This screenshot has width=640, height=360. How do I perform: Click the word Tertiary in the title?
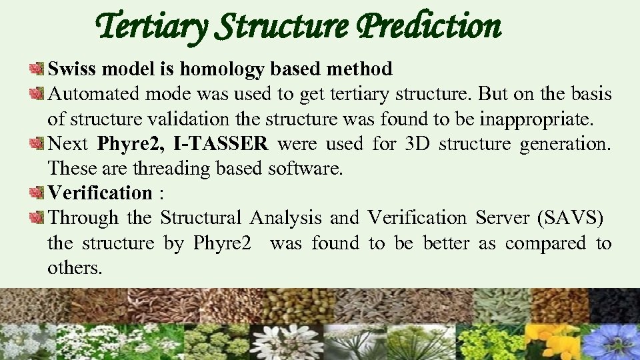click(152, 27)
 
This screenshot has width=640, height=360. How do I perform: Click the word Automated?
click(95, 93)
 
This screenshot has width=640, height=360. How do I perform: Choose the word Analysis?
click(287, 218)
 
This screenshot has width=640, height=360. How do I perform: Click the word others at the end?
click(75, 268)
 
